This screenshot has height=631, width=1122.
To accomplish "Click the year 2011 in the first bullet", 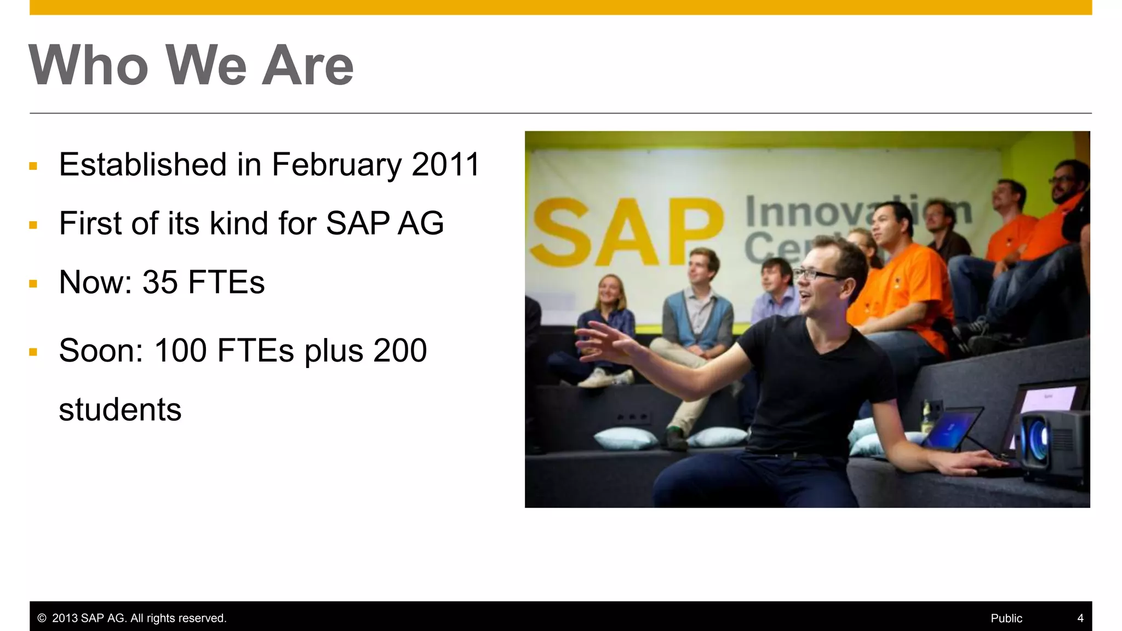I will [x=445, y=164].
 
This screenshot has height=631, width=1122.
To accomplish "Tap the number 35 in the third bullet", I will [x=160, y=283].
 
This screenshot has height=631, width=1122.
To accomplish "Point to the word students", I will [x=120, y=410].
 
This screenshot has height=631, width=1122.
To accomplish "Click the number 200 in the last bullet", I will [x=399, y=351].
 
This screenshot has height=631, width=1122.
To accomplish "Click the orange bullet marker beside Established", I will [x=33, y=166].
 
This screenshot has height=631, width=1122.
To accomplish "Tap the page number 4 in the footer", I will [x=1080, y=618].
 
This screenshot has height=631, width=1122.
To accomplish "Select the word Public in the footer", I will [x=1006, y=618].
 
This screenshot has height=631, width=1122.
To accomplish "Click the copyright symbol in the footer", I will [x=42, y=618].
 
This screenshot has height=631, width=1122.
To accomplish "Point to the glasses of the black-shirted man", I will [x=816, y=274].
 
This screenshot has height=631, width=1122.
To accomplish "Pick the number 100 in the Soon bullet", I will [x=180, y=351].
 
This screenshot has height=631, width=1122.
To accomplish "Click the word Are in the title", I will [x=307, y=66].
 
